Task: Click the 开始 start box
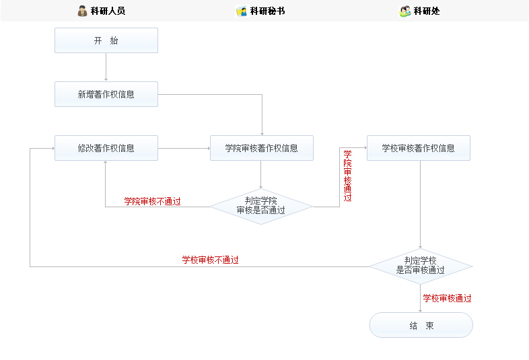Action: point(106,40)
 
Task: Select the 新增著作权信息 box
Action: point(106,94)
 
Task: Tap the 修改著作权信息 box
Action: point(106,148)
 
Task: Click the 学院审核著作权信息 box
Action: point(261,148)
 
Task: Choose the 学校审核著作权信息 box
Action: point(418,148)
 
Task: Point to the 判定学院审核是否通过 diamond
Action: point(261,205)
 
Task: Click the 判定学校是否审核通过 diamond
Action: point(421,265)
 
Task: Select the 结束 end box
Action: point(421,325)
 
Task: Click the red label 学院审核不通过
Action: point(152,201)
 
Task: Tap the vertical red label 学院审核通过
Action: point(347,176)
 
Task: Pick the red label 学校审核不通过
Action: point(210,260)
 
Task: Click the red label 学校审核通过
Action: point(447,298)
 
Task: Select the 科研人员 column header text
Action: point(108,11)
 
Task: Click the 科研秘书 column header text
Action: point(267,11)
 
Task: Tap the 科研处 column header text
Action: point(427,11)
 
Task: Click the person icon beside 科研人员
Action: point(83,11)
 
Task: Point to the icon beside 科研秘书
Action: point(242,11)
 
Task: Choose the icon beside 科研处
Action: point(405,11)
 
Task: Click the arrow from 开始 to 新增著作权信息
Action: point(106,67)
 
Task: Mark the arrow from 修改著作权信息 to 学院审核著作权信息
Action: point(184,148)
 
